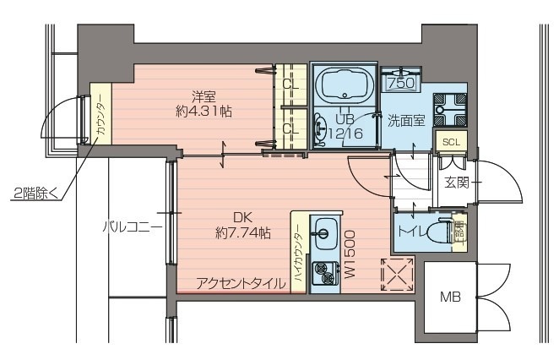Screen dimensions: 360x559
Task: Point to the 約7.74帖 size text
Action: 243,231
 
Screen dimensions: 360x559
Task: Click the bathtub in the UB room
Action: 345,85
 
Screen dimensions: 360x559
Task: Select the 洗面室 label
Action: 405,120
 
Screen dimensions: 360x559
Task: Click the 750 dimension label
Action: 399,83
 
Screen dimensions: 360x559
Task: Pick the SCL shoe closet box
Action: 450,141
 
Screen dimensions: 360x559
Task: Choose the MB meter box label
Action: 450,297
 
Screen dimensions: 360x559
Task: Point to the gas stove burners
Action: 322,272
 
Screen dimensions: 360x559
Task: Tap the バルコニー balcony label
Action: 132,226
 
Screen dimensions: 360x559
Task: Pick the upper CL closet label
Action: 291,85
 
